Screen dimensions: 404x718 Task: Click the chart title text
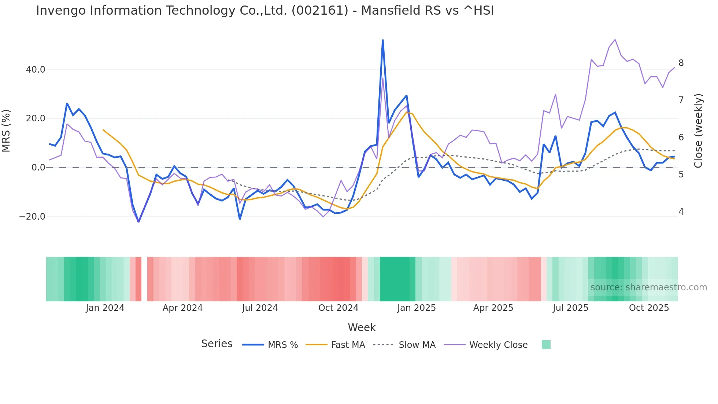pyautogui.click(x=265, y=11)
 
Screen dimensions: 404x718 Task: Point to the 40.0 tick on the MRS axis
pyautogui.click(x=36, y=70)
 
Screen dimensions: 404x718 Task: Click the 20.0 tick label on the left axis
pyautogui.click(x=36, y=118)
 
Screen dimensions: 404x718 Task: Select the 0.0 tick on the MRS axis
pyautogui.click(x=38, y=168)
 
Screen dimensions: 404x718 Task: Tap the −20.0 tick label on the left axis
pyautogui.click(x=33, y=217)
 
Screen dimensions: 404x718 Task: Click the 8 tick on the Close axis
pyautogui.click(x=681, y=63)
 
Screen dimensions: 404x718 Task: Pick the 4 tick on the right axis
pyautogui.click(x=681, y=212)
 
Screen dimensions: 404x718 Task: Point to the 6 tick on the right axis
pyautogui.click(x=681, y=137)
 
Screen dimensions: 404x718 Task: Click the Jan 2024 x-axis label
pyautogui.click(x=105, y=308)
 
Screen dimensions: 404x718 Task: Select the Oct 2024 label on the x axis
pyautogui.click(x=338, y=308)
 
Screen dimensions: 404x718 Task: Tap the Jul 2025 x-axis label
pyautogui.click(x=570, y=308)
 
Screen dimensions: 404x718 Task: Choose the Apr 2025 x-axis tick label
pyautogui.click(x=493, y=308)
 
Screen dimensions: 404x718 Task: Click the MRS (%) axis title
pyautogui.click(x=6, y=131)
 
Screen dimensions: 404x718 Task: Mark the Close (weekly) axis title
pyautogui.click(x=698, y=131)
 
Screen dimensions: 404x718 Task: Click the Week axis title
pyautogui.click(x=362, y=327)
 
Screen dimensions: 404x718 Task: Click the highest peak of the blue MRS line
pyautogui.click(x=383, y=40)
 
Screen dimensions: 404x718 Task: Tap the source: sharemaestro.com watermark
pyautogui.click(x=648, y=287)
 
